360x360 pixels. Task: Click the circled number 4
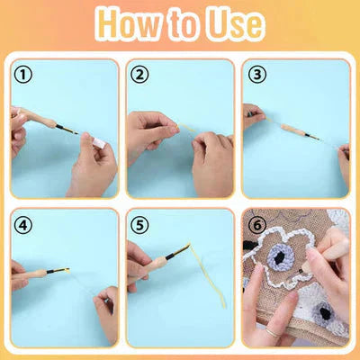click(24, 223)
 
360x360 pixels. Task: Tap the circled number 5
click(139, 223)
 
